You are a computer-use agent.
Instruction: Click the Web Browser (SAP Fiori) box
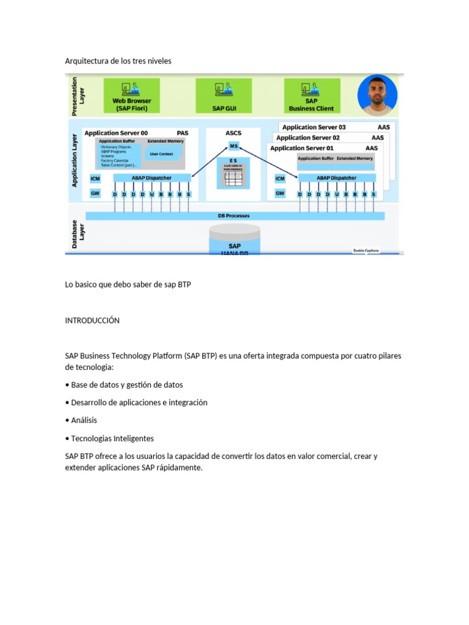pyautogui.click(x=132, y=96)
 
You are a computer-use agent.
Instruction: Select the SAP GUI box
pyautogui.click(x=224, y=96)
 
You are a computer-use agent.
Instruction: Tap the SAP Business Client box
pyautogui.click(x=311, y=96)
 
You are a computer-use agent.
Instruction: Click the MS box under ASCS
pyautogui.click(x=234, y=146)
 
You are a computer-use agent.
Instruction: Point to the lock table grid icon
pyautogui.click(x=233, y=178)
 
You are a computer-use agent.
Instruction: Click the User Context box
pyautogui.click(x=162, y=154)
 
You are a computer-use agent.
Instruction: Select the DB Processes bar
pyautogui.click(x=234, y=216)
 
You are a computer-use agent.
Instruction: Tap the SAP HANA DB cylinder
pyautogui.click(x=234, y=242)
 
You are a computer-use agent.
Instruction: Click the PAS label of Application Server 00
pyautogui.click(x=183, y=132)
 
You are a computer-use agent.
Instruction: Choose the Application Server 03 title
pyautogui.click(x=314, y=128)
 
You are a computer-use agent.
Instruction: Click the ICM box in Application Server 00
pyautogui.click(x=95, y=179)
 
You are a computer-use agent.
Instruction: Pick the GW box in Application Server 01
pyautogui.click(x=280, y=193)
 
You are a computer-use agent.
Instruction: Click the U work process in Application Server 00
pyautogui.click(x=151, y=194)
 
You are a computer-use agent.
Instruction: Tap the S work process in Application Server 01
pyautogui.click(x=374, y=194)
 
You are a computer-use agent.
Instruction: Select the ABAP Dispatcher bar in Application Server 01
pyautogui.click(x=336, y=178)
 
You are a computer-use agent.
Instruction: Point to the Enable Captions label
pyautogui.click(x=366, y=250)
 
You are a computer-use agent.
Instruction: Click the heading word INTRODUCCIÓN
pyautogui.click(x=92, y=320)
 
